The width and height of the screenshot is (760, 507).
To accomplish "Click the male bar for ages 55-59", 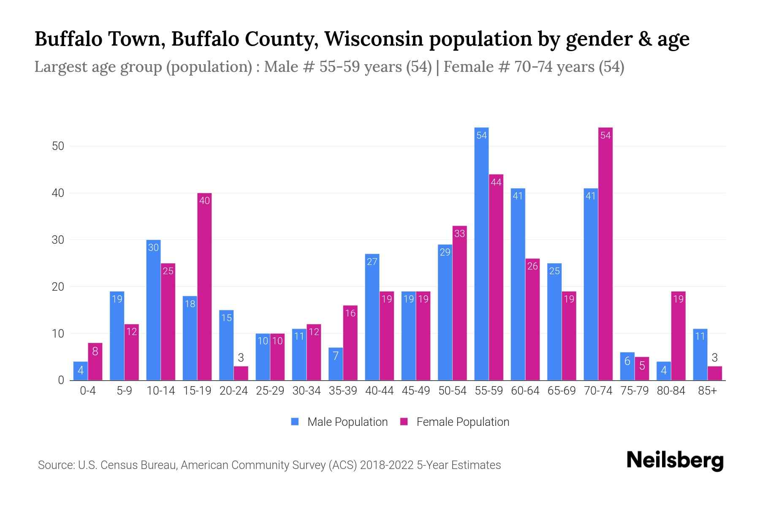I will tap(481, 253).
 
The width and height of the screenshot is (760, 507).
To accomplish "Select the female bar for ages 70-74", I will tap(605, 253).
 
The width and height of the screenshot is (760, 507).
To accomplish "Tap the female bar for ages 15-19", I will tap(204, 287).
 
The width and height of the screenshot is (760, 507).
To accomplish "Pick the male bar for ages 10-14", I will tap(153, 311).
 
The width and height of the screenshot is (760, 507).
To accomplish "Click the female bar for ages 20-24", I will tap(241, 373).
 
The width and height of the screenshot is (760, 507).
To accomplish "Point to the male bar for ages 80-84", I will tap(663, 371).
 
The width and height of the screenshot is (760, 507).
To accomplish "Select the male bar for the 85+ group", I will tap(700, 355).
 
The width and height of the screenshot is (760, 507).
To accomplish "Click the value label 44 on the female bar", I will tap(496, 182).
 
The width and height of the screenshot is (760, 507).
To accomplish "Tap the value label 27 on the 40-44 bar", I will tap(372, 262).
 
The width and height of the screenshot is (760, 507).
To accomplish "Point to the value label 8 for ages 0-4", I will tap(95, 351).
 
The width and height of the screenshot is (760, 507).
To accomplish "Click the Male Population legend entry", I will tap(339, 422).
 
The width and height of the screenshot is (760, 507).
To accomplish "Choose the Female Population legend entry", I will tap(455, 422).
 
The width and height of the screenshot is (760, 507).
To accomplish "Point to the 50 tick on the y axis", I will tap(58, 146).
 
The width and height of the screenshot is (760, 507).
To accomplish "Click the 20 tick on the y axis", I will tap(58, 287).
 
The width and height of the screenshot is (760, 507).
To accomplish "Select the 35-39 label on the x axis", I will tap(343, 391).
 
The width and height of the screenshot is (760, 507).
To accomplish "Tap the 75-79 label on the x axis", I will tap(634, 391).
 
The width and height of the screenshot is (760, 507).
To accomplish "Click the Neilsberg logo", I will tap(675, 460).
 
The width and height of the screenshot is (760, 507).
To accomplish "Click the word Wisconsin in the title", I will tap(374, 39).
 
